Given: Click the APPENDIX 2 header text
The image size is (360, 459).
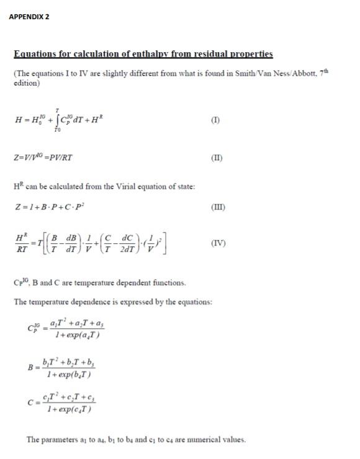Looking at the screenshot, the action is pyautogui.click(x=29, y=17).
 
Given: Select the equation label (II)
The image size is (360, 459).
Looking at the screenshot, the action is pyautogui.click(x=217, y=158).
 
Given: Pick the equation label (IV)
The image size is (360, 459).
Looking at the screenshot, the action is pyautogui.click(x=218, y=243).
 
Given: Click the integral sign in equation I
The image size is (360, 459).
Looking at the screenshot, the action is pyautogui.click(x=58, y=120).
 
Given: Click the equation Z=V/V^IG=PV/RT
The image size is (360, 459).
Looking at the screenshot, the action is pyautogui.click(x=43, y=158).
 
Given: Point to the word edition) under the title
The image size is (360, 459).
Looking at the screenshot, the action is pyautogui.click(x=27, y=82).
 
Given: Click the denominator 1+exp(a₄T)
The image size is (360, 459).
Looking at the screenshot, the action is pyautogui.click(x=78, y=336).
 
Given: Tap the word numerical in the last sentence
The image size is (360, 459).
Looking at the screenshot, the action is pyautogui.click(x=200, y=440).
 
